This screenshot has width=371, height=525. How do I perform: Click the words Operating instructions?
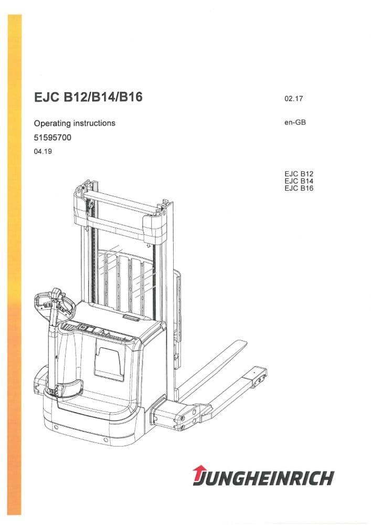pyautogui.click(x=74, y=123)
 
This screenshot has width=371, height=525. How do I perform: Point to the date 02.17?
pyautogui.click(x=293, y=99)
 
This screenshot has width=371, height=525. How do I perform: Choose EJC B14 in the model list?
pyautogui.click(x=298, y=180)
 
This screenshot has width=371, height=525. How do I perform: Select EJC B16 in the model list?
pyautogui.click(x=298, y=188)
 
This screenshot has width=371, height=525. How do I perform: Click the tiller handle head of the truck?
pyautogui.click(x=52, y=303)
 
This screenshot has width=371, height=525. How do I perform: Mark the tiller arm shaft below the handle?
pyautogui.click(x=52, y=346)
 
